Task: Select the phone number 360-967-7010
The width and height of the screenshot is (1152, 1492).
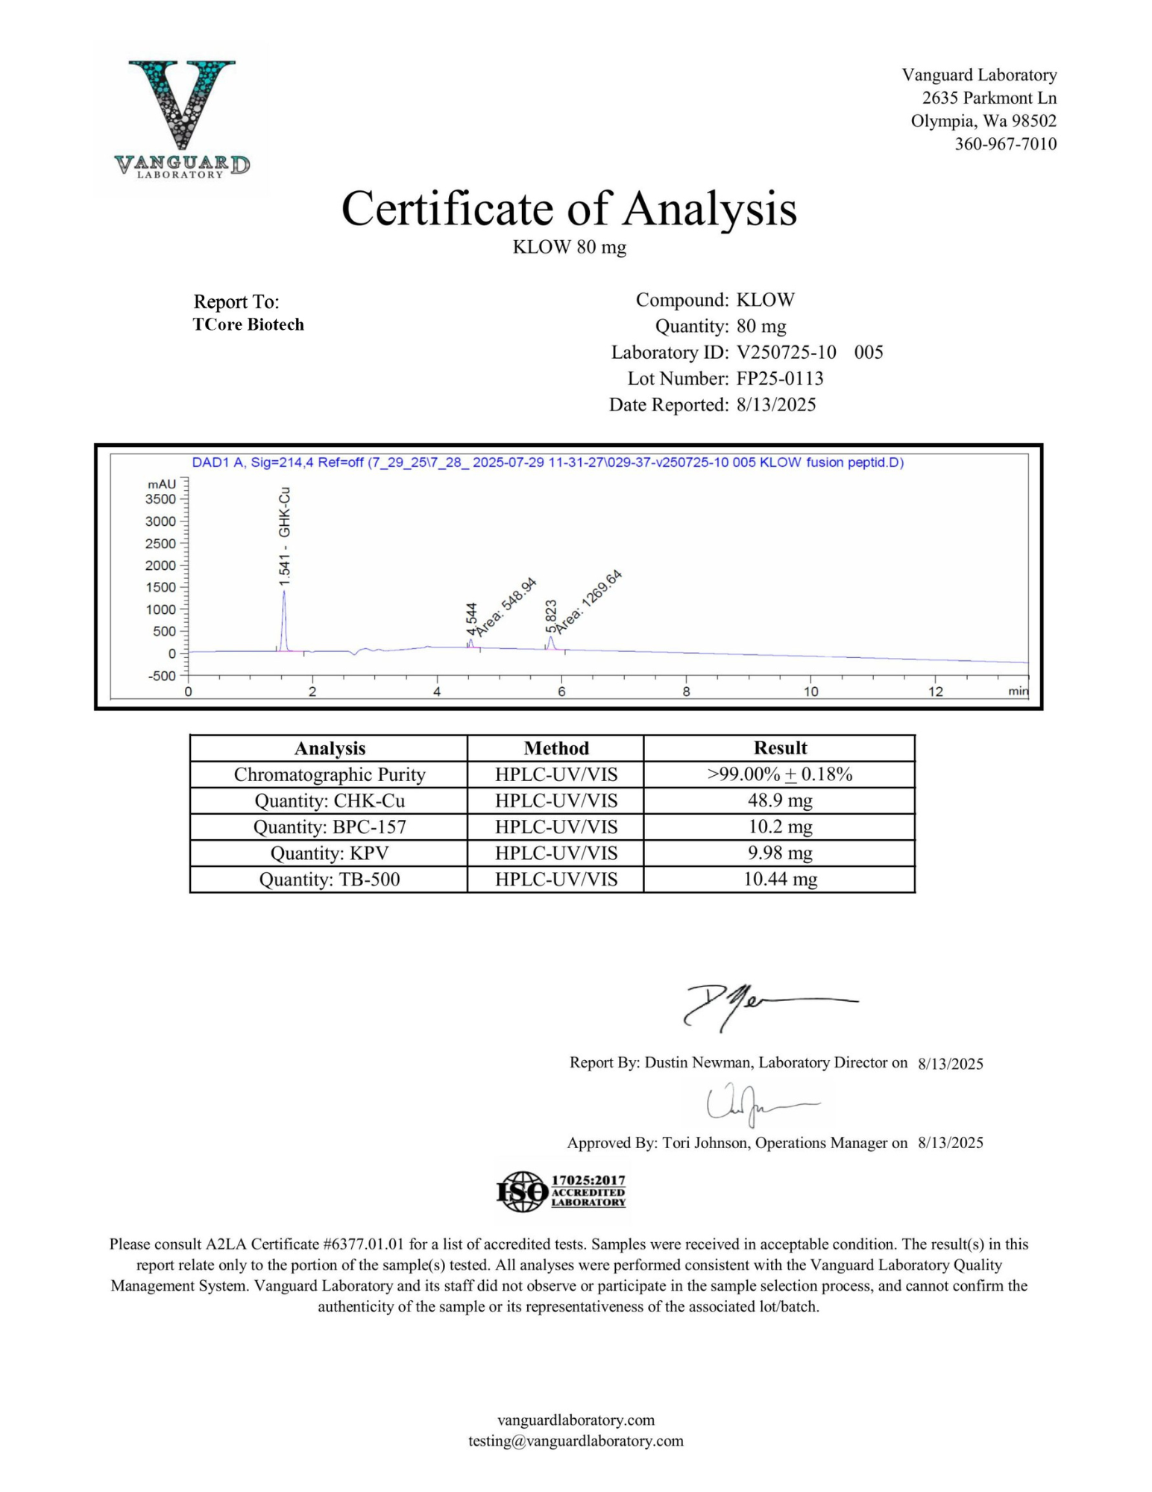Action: click(x=1005, y=144)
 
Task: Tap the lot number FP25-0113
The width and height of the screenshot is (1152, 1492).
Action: click(x=779, y=378)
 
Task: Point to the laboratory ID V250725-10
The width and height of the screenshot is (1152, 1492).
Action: click(x=786, y=352)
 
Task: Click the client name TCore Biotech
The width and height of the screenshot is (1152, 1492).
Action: click(x=248, y=325)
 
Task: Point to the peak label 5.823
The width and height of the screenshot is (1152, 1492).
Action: click(x=551, y=615)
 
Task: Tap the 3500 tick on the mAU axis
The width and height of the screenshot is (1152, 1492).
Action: click(x=161, y=499)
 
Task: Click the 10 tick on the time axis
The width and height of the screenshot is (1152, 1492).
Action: click(x=811, y=692)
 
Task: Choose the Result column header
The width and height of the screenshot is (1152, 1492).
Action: click(x=780, y=748)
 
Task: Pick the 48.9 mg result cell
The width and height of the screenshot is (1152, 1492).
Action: click(x=780, y=800)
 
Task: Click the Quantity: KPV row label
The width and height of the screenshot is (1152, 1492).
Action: click(x=329, y=853)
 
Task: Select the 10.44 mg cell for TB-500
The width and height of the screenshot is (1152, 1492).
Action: click(x=780, y=880)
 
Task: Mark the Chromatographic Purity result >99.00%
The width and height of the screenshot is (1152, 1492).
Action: click(x=780, y=774)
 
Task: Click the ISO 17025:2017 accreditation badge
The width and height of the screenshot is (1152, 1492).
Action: click(x=561, y=1191)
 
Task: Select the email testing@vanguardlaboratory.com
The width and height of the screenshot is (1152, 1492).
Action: click(x=576, y=1441)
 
